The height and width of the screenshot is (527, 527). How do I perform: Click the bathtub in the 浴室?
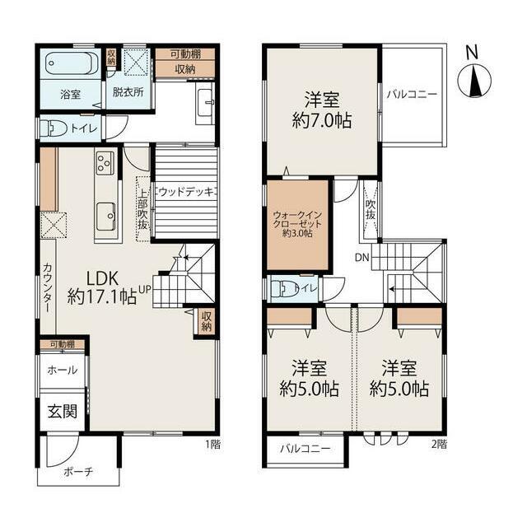[72, 64]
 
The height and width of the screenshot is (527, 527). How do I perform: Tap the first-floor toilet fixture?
[54, 128]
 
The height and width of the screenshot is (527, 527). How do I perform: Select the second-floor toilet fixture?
[282, 289]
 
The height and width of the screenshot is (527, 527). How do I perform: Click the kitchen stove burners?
[105, 163]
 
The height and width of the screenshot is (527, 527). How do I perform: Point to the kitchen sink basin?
[105, 217]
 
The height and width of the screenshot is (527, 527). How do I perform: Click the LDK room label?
[102, 278]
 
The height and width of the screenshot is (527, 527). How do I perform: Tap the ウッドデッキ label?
[187, 192]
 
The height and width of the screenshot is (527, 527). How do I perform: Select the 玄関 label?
[63, 412]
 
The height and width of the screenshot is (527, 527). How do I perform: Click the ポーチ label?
[78, 472]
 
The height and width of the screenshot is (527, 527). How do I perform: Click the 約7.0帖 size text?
[322, 120]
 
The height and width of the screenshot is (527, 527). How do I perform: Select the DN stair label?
[362, 258]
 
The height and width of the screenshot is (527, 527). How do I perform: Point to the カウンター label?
[48, 287]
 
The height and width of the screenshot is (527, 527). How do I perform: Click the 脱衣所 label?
[128, 92]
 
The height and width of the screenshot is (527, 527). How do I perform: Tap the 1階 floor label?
[213, 445]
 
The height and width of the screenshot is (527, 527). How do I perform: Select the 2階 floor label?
[440, 445]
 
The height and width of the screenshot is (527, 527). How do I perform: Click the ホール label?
[63, 371]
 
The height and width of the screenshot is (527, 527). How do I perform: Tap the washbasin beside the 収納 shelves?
[205, 103]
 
